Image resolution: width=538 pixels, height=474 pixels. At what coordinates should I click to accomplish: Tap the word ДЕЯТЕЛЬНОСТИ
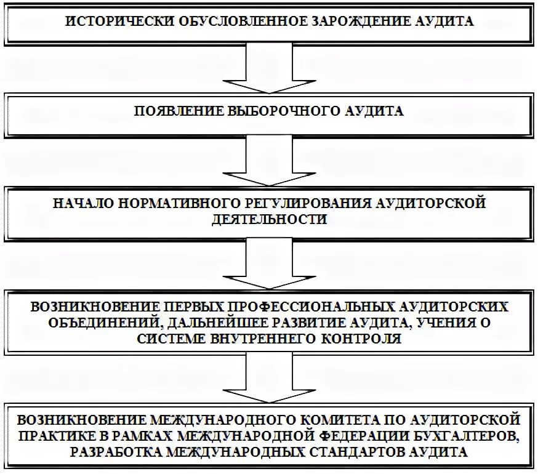point(269,220)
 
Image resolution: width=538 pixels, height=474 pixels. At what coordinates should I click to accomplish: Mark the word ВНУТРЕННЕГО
point(268,338)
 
